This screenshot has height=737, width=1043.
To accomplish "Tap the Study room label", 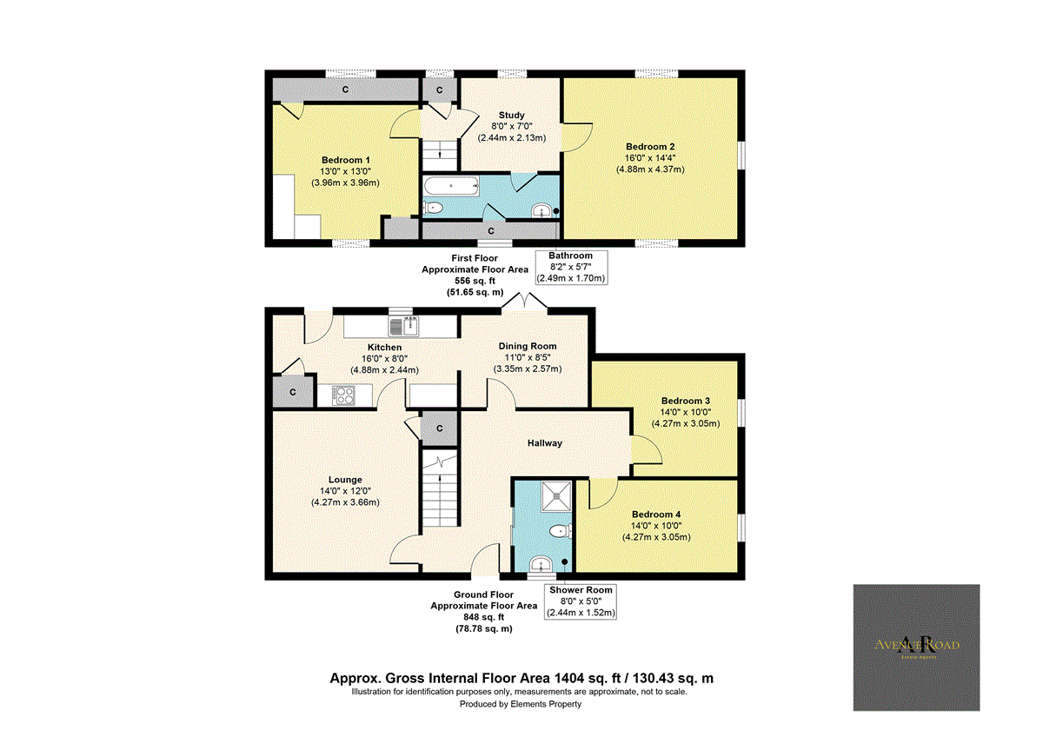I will pos(511,116).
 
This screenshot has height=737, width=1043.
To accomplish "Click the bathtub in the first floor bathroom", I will pos(450,184).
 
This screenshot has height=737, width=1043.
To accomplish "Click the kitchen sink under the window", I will pos(405,327).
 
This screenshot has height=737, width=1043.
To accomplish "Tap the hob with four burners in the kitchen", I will pos(343,395).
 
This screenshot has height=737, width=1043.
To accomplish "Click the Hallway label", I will pos(544,443).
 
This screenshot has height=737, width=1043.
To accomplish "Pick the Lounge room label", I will pos(345,480).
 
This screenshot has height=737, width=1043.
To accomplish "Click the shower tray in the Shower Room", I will pos(554,495).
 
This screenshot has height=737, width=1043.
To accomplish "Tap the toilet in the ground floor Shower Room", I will pos(561,530).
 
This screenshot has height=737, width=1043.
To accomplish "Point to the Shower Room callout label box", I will pos(580,601).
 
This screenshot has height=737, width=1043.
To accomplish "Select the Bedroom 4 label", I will pos(656,515).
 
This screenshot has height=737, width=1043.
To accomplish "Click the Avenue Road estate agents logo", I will pos(916,647).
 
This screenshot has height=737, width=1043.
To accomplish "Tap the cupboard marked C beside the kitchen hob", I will pos(293,392).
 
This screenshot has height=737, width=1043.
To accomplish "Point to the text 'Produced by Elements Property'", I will pos(520,704).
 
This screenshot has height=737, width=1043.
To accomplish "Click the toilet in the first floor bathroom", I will pos(434,207).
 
